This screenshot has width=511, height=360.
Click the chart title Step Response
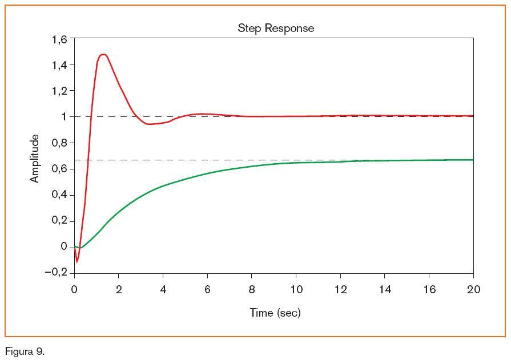pos(276,28)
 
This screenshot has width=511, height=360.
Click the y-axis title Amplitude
pos(35,159)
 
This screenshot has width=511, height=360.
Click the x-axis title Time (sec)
pos(275,313)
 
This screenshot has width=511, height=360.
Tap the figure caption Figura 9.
pos(25,351)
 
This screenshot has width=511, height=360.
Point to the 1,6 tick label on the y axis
pos(59,39)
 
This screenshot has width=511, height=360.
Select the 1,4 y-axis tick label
pos(59,65)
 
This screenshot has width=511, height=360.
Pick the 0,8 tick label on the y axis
pos(59,143)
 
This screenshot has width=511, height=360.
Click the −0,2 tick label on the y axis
pos(56,272)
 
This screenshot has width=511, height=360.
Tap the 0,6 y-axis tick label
pos(59,169)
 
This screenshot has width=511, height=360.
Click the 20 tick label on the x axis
pos(473,290)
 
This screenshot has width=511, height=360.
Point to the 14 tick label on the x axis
pos(385,290)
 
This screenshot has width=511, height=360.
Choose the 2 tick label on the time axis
pos(119,290)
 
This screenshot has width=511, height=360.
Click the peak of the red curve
pos(103,54)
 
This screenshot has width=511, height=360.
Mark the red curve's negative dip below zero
pos(77,262)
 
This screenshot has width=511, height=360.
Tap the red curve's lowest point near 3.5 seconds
pos(150,124)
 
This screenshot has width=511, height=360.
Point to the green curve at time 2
pos(119,212)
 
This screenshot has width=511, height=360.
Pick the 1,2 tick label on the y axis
pos(59,91)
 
